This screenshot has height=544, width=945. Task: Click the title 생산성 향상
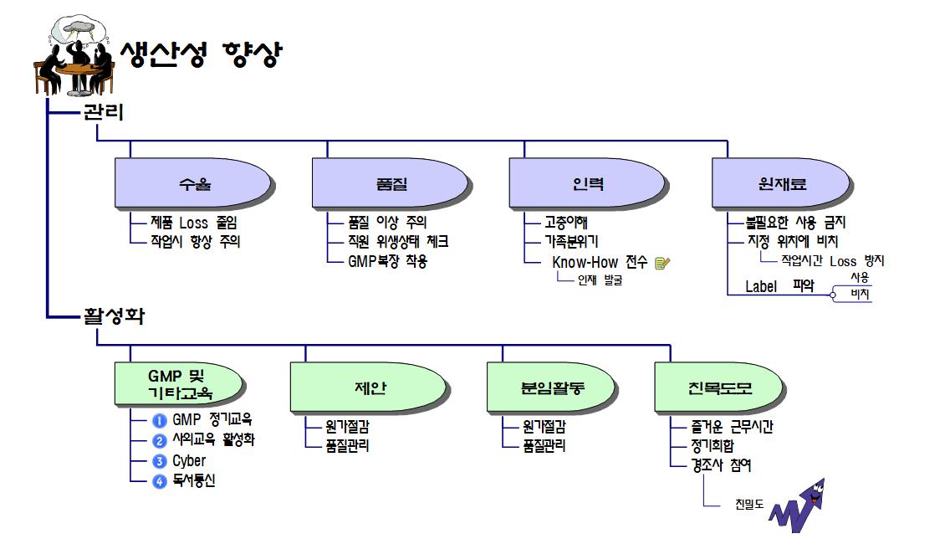click(x=201, y=55)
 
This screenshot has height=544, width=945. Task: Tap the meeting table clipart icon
click(x=73, y=54)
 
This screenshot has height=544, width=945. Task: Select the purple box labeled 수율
click(x=194, y=184)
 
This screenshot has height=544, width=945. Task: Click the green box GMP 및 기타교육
click(x=180, y=383)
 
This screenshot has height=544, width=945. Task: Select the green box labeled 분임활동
click(x=553, y=387)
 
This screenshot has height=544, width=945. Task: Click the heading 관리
click(x=103, y=112)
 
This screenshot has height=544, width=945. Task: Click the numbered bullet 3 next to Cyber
click(x=160, y=462)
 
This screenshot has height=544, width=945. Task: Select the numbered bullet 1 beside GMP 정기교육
click(x=160, y=420)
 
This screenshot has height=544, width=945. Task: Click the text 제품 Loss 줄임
click(x=194, y=223)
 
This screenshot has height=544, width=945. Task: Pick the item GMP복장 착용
click(x=388, y=261)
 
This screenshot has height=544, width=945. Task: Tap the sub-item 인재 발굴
click(x=600, y=280)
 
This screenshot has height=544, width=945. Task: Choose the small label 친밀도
click(x=749, y=506)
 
